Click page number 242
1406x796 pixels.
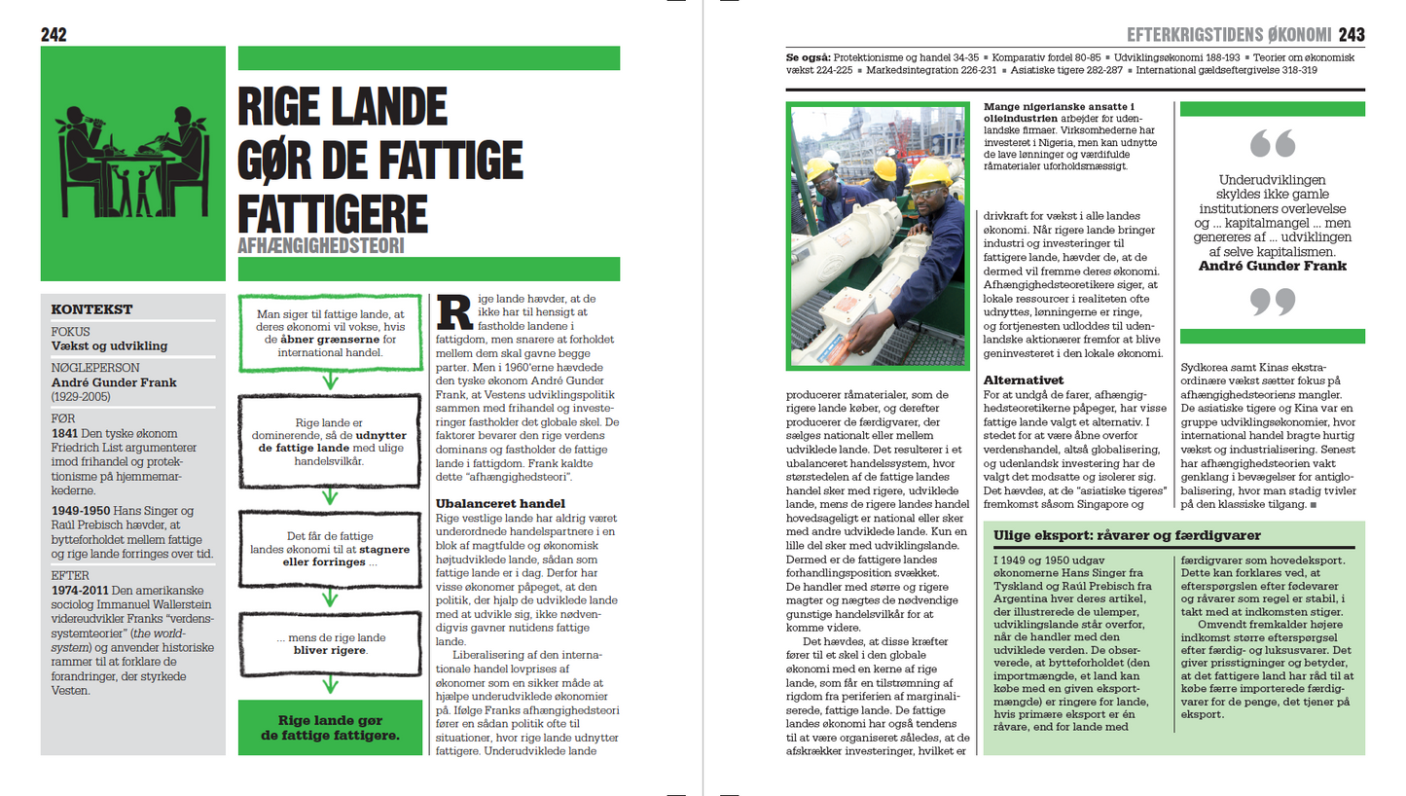pos(54,35)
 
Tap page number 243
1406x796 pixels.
pos(1352,35)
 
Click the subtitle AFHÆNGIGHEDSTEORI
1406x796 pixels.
pos(320,246)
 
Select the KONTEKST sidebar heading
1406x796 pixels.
pos(91,309)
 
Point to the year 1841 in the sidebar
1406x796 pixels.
pos(65,432)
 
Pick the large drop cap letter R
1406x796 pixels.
pos(453,311)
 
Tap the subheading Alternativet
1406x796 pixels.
pos(1023,380)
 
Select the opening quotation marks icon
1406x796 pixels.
pos(1272,145)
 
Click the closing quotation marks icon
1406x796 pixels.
pos(1272,302)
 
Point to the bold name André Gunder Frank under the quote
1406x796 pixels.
pos(1272,265)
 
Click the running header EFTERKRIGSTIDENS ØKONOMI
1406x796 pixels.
pos(1228,36)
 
